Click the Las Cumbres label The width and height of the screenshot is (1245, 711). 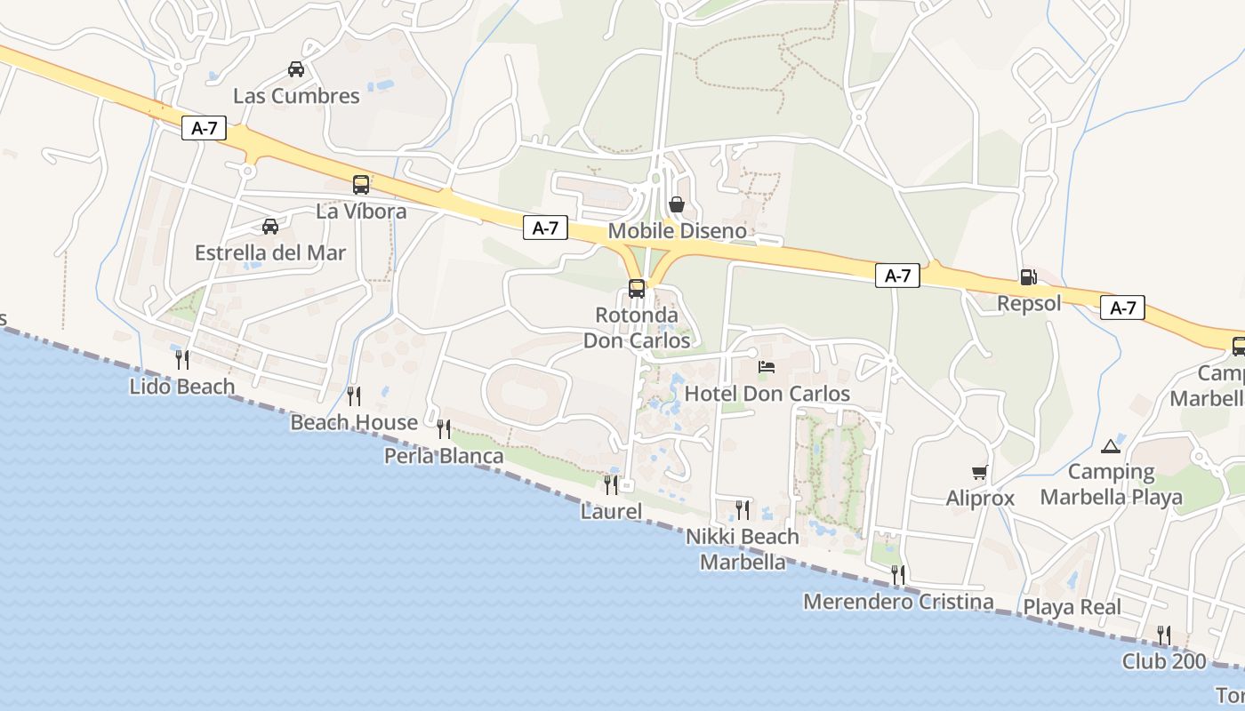tap(296, 96)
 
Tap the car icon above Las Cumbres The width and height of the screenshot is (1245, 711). tap(296, 68)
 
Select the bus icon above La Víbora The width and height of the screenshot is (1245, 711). tap(360, 185)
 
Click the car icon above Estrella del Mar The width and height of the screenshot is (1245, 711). tap(270, 227)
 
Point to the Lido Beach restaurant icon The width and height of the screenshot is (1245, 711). tap(182, 359)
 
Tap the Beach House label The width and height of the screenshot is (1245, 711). tap(354, 422)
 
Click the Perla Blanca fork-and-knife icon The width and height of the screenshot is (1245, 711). tap(443, 429)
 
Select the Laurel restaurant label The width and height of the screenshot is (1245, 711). tap(611, 511)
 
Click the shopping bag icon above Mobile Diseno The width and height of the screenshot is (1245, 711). tap(677, 204)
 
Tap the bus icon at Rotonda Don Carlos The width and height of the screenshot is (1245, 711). tap(637, 288)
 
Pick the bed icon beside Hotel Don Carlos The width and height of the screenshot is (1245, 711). tap(767, 366)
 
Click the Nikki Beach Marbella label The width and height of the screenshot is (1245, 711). tap(743, 549)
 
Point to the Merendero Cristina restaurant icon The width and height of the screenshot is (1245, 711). tap(898, 575)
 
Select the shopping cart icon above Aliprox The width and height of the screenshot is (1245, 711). tap(980, 472)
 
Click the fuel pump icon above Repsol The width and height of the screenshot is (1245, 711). tap(1028, 276)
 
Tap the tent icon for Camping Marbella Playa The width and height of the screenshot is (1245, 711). tap(1110, 445)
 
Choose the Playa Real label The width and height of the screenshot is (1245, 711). tap(1072, 608)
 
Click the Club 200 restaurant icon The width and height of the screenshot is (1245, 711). tap(1163, 635)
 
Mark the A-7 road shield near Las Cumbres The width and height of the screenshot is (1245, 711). tap(205, 128)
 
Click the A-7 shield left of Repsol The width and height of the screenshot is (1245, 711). tap(897, 276)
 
